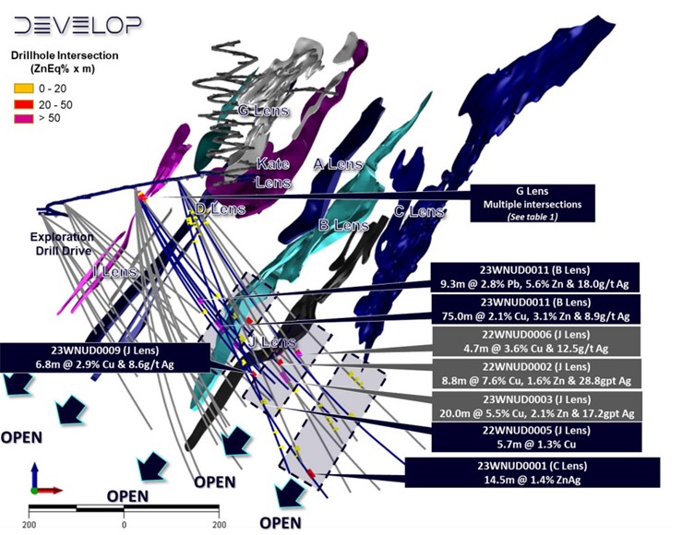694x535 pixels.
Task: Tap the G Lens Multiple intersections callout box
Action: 532,203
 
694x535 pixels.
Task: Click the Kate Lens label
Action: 272,173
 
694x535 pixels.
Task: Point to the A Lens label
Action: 338,164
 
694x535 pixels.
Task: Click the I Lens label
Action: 116,272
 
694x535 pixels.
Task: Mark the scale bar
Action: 124,509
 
